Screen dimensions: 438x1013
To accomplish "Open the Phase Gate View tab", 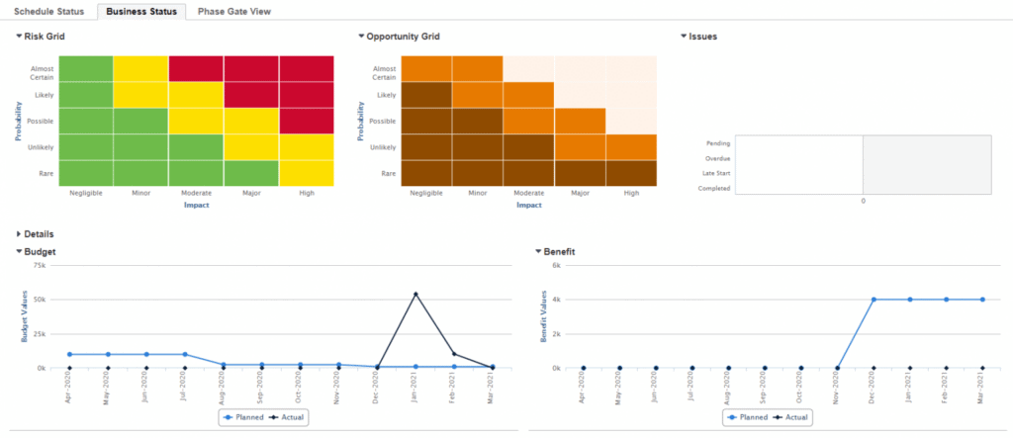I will [x=234, y=11].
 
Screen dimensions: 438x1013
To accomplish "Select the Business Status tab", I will [x=143, y=11].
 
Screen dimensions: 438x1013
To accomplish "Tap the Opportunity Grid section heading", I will [x=403, y=37].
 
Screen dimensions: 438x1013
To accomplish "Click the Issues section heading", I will [x=702, y=37].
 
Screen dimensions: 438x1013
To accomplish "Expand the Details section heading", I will [x=39, y=234].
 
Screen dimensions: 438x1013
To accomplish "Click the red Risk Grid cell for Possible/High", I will [x=307, y=121].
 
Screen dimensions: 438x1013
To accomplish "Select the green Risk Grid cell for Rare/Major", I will [x=251, y=172].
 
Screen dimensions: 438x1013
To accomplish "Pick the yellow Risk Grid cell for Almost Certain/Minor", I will [x=140, y=69].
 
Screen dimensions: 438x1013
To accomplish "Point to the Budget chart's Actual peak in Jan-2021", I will [x=415, y=294].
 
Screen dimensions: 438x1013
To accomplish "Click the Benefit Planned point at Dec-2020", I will [x=874, y=300].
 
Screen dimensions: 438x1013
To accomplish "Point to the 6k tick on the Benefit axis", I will [x=556, y=266].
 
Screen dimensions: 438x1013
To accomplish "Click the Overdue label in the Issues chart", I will [x=717, y=158].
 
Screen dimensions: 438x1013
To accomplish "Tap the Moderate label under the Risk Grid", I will [x=196, y=194].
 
